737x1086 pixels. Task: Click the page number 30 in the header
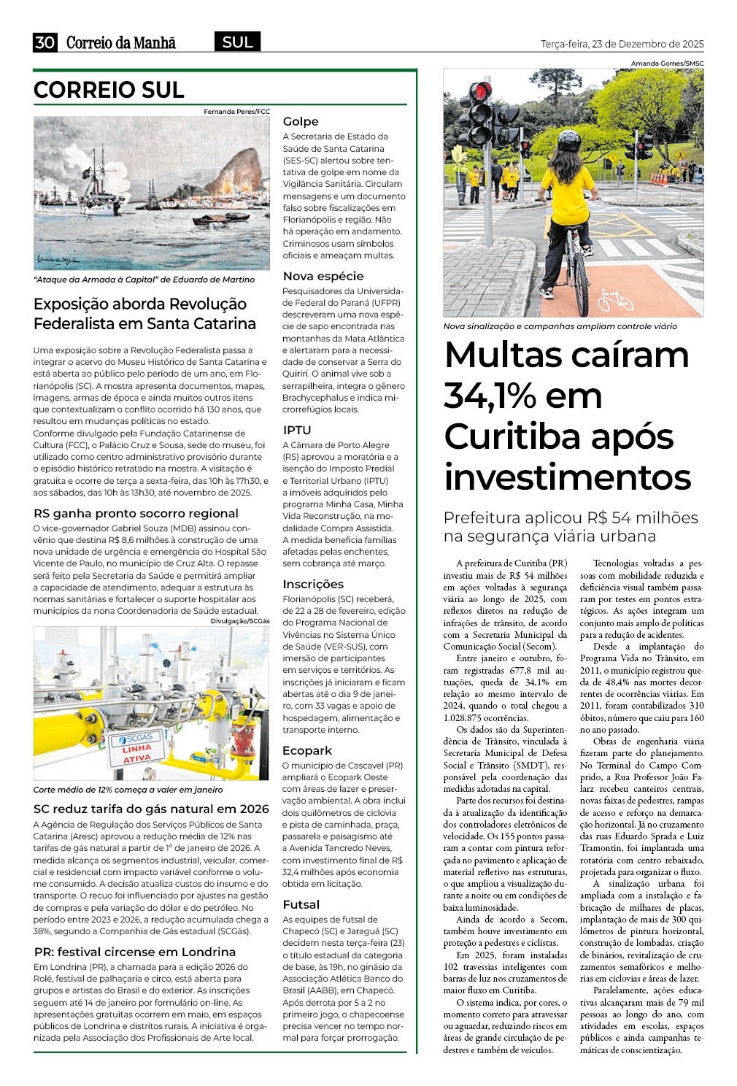[x=45, y=42]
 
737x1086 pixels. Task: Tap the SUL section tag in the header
[x=237, y=42]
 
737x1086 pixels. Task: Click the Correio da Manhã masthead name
[x=121, y=43]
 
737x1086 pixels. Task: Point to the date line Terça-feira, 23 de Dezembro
[x=622, y=44]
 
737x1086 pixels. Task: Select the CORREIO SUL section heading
[x=109, y=90]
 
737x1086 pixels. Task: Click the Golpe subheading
[x=301, y=121]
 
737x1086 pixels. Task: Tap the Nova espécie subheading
[x=323, y=276]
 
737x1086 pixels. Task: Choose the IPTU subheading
[x=297, y=430]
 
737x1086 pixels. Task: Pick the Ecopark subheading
[x=307, y=750]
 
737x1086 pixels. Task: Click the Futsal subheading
[x=301, y=904]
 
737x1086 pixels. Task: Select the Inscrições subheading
[x=313, y=584]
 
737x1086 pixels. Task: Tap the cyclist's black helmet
[x=568, y=141]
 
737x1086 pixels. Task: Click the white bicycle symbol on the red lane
[x=616, y=299]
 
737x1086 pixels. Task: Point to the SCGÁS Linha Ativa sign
[x=136, y=749]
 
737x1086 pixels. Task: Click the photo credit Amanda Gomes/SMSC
[x=667, y=63]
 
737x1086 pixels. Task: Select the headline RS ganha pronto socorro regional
[x=136, y=513]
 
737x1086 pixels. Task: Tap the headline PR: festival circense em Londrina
[x=135, y=952]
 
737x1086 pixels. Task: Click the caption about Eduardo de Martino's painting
[x=144, y=280]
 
